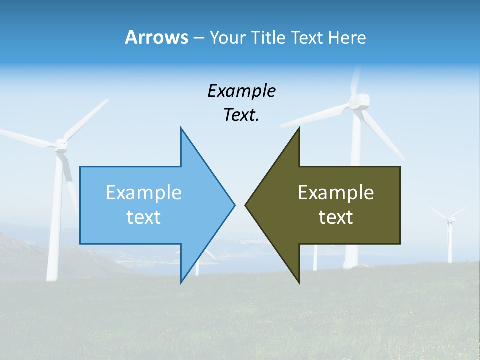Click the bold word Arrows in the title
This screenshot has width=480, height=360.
[x=156, y=37]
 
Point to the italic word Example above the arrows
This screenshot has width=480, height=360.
[x=241, y=91]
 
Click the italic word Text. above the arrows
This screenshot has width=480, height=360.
[x=241, y=115]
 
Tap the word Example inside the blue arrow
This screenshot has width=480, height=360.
[x=144, y=192]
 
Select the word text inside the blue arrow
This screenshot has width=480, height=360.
[x=144, y=217]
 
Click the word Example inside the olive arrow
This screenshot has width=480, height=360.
[x=336, y=192]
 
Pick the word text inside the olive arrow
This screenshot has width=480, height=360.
[x=336, y=217]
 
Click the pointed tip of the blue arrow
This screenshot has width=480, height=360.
[x=234, y=205]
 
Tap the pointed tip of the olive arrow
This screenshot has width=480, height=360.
[x=246, y=205]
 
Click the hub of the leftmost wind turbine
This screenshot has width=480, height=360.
[x=61, y=145]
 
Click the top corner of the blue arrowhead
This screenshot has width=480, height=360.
[x=181, y=129]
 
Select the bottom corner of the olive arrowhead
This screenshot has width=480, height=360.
[x=299, y=282]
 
